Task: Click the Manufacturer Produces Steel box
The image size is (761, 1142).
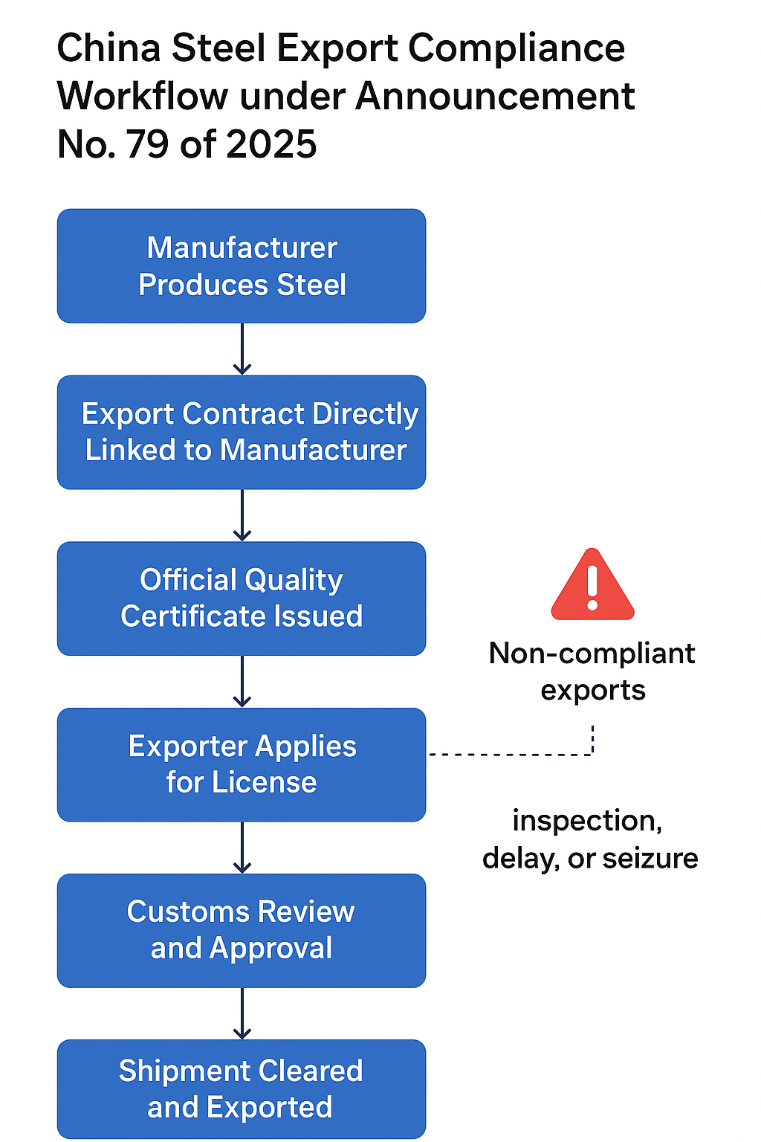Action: click(x=242, y=266)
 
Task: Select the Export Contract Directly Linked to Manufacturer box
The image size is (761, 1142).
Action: click(x=242, y=432)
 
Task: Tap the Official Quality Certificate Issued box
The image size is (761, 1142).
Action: click(x=242, y=599)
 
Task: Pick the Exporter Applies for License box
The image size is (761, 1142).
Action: click(x=242, y=764)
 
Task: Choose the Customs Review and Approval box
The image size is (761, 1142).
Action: click(x=242, y=930)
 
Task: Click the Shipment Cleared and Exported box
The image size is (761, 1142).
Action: click(x=242, y=1089)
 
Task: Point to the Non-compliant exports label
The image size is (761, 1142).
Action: click(x=592, y=671)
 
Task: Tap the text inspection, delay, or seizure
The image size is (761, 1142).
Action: click(x=590, y=839)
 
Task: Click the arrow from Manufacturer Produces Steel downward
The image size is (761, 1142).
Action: click(x=242, y=349)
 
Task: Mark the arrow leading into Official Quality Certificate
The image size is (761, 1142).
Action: click(x=242, y=516)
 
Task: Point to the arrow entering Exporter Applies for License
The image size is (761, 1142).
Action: click(x=242, y=682)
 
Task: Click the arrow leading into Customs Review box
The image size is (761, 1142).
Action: click(x=242, y=848)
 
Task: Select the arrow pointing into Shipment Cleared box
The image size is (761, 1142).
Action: click(x=242, y=1014)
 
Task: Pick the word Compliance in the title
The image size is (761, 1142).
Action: click(x=516, y=48)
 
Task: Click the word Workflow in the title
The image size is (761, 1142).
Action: click(x=143, y=97)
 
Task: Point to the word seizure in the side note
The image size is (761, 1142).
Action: click(x=650, y=859)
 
